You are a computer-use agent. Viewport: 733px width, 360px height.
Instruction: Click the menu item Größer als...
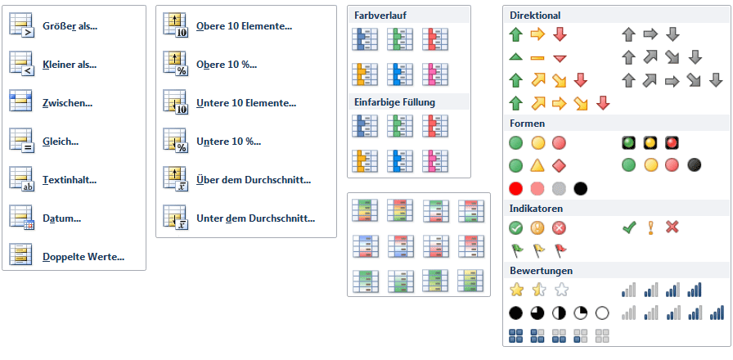tap(70, 25)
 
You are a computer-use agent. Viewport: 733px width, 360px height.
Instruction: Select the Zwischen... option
tap(67, 102)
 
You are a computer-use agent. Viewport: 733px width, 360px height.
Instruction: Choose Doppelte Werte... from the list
tap(83, 256)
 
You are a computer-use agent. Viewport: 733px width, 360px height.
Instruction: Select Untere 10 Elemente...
tap(245, 103)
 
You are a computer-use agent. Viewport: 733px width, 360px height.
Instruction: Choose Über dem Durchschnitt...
tap(254, 180)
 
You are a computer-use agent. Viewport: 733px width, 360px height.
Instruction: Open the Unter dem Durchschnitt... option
tap(255, 218)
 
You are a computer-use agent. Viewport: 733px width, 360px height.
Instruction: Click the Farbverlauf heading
tap(380, 16)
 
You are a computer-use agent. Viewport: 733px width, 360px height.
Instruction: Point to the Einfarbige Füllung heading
tap(394, 102)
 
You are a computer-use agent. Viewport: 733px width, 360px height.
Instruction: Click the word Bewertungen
tap(541, 270)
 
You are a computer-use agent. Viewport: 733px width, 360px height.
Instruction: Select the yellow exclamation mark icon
tap(651, 227)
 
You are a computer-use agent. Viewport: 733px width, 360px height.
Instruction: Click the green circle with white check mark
tap(515, 227)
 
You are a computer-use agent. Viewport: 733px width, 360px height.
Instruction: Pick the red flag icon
tap(560, 250)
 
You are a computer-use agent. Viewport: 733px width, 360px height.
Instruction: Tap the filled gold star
tap(516, 290)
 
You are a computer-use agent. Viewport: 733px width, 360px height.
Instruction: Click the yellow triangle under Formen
tap(537, 165)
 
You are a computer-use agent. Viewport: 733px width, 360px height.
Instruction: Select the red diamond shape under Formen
tap(560, 165)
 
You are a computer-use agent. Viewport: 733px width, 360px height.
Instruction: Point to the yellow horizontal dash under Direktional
tap(537, 57)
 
